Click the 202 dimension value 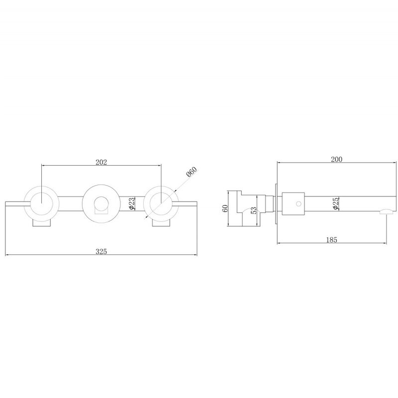(x=101, y=162)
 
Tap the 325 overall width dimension (x=101, y=252)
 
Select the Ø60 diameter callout (x=192, y=172)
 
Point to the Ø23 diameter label (x=132, y=203)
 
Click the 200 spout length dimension (x=337, y=159)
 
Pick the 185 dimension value (x=331, y=240)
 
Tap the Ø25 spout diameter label (x=335, y=203)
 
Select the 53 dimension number (x=253, y=210)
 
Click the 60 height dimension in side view (x=225, y=208)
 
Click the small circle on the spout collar (x=299, y=203)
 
